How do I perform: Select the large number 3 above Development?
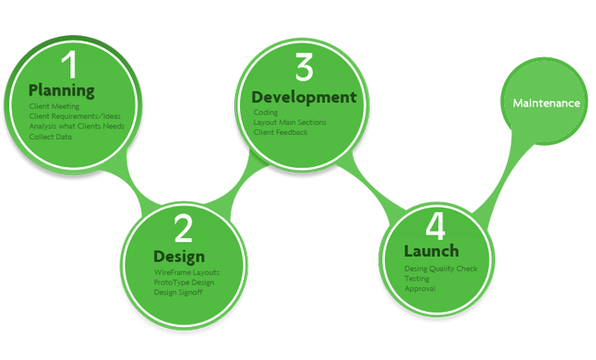pos(304,68)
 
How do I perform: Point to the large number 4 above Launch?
pos(436,224)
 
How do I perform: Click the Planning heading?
pos(61,90)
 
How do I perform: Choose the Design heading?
pos(178,256)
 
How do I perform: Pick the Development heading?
pos(304,97)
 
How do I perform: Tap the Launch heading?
pos(431,251)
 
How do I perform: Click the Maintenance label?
pos(546,104)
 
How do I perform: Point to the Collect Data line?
pos(50,137)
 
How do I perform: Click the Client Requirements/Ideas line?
pos(74,116)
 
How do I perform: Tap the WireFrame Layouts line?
pos(187,272)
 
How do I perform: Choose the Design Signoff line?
pos(178,292)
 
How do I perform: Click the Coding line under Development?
pos(265,113)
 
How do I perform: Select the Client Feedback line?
pos(280,133)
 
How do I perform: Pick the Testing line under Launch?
pos(417,279)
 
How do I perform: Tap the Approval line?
pos(420,289)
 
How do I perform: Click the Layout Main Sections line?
pos(289,123)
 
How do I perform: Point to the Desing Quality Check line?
pos(440,269)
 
